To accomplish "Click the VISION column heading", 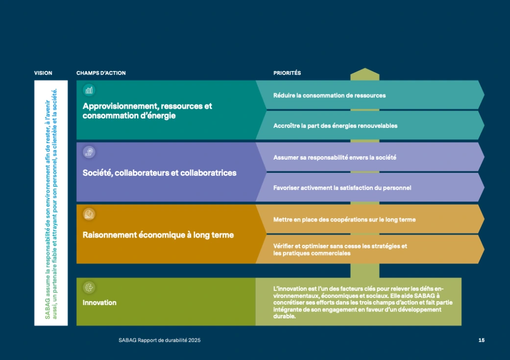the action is (43, 73).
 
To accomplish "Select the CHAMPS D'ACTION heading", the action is (101, 73).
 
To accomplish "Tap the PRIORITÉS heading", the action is (287, 73).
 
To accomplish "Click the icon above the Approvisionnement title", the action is (89, 91).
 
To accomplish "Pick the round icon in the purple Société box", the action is (89, 152).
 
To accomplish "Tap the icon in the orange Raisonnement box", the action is (89, 215).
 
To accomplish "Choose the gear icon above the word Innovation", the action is (89, 288).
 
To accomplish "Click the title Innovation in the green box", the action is (99, 303).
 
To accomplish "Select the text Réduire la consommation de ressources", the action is (330, 96).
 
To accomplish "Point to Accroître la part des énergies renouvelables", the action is (335, 126).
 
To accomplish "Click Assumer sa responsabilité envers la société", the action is (335, 158).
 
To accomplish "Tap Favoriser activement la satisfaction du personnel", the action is (342, 188).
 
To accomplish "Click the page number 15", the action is (482, 340).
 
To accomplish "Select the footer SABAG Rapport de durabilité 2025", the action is (159, 340).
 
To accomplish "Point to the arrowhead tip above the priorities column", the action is (365, 68).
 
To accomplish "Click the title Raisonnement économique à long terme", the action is (158, 235).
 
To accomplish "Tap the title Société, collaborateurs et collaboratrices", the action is (159, 173).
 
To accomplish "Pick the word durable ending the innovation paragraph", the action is (284, 316).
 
